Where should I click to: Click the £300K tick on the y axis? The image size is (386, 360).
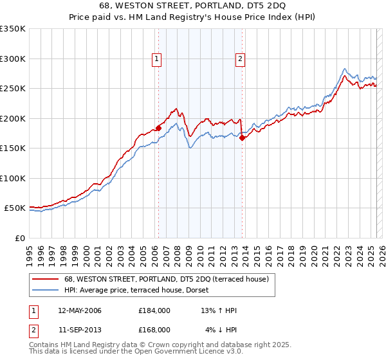coord(13,59)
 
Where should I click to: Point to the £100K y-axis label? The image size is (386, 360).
coord(13,178)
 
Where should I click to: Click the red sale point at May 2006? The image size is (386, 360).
coord(158,127)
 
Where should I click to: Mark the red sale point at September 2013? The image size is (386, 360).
coord(241,137)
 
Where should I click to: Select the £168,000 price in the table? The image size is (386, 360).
coord(154,330)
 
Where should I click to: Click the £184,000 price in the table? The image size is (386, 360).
coord(154,310)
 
